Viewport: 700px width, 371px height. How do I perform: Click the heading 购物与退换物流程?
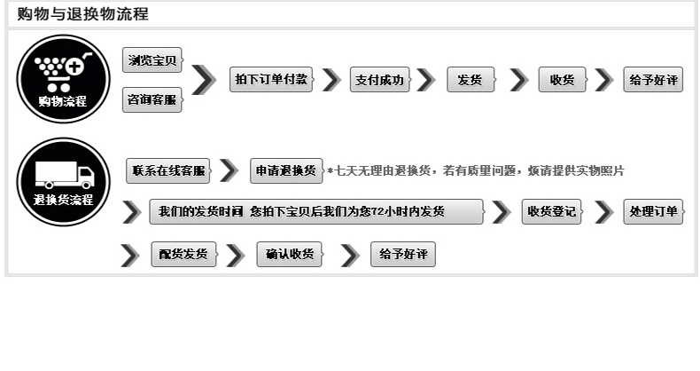click(x=83, y=14)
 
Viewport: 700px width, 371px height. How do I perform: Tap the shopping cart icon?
click(x=62, y=69)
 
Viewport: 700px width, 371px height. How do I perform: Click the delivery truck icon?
click(x=63, y=174)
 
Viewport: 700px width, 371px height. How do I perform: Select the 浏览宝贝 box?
click(x=152, y=60)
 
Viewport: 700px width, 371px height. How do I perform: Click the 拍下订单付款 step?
click(x=272, y=80)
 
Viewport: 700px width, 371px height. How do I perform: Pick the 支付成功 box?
click(x=380, y=80)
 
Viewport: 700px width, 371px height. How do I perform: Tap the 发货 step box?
click(x=470, y=80)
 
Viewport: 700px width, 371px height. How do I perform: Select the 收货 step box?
click(x=562, y=80)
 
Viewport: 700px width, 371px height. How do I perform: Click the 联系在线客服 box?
click(x=167, y=170)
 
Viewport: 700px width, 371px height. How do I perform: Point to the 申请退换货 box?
click(x=286, y=170)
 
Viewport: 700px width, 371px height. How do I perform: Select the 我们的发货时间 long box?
click(x=316, y=211)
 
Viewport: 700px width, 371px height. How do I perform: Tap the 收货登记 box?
click(x=551, y=211)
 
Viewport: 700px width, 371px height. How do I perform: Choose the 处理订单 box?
click(x=653, y=211)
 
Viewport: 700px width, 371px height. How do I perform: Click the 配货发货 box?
click(x=183, y=255)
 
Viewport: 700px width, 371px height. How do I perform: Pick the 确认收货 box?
click(x=290, y=255)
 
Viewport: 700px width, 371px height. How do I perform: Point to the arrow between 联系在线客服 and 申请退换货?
click(x=229, y=170)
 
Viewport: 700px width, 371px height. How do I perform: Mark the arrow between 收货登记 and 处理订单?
click(x=604, y=211)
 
